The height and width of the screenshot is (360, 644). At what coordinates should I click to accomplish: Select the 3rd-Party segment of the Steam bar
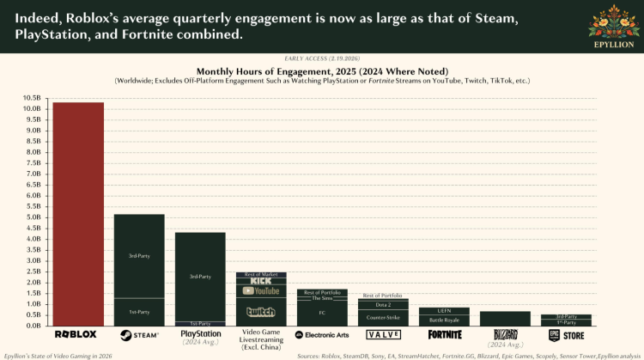point(139,256)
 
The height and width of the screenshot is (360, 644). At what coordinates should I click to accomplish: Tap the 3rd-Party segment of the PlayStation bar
point(200,276)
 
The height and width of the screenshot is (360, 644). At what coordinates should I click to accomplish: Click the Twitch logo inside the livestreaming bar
point(261,312)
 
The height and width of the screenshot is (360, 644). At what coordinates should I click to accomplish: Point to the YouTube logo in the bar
point(261,291)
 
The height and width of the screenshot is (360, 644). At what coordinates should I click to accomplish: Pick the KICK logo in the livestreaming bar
point(261,281)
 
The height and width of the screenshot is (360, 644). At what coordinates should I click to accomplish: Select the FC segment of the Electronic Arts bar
point(322,313)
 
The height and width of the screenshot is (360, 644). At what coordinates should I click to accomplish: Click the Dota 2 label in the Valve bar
point(383,304)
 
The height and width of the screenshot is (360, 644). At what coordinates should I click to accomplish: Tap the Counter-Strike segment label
point(383,318)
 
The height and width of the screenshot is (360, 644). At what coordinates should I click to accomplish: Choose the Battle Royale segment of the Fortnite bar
point(444,320)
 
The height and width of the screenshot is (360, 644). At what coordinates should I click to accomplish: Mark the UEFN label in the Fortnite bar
point(444,310)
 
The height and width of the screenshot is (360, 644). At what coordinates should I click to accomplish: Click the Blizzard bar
point(505,319)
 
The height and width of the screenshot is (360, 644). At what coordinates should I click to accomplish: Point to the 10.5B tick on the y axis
point(33,98)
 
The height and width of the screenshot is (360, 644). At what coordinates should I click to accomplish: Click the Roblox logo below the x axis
point(77,334)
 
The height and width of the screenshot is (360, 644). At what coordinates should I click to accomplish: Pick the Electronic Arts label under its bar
point(322,334)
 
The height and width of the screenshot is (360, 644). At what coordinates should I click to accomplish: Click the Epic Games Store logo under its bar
point(566,335)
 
